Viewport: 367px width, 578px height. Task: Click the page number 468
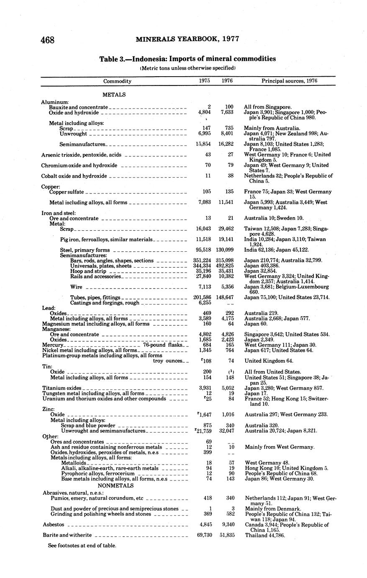pyautogui.click(x=48, y=40)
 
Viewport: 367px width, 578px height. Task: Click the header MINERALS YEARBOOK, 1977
pyautogui.click(x=187, y=39)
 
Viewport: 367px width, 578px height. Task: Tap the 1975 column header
pyautogui.click(x=205, y=81)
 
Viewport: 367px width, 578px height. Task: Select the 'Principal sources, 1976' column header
pyautogui.click(x=290, y=81)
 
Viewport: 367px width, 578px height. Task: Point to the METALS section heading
pyautogui.click(x=114, y=95)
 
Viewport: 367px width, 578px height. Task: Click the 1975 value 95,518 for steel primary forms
pyautogui.click(x=205, y=250)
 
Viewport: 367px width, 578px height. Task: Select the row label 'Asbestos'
pyautogui.click(x=54, y=524)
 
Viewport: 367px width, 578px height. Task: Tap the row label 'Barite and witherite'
pyautogui.click(x=67, y=535)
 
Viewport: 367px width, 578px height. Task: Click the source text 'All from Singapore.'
pyautogui.click(x=268, y=107)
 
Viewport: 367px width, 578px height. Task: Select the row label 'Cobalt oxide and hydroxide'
pyautogui.click(x=74, y=176)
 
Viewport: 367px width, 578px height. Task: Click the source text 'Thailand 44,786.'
pyautogui.click(x=265, y=535)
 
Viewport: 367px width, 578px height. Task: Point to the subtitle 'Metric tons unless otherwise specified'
pyautogui.click(x=187, y=68)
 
